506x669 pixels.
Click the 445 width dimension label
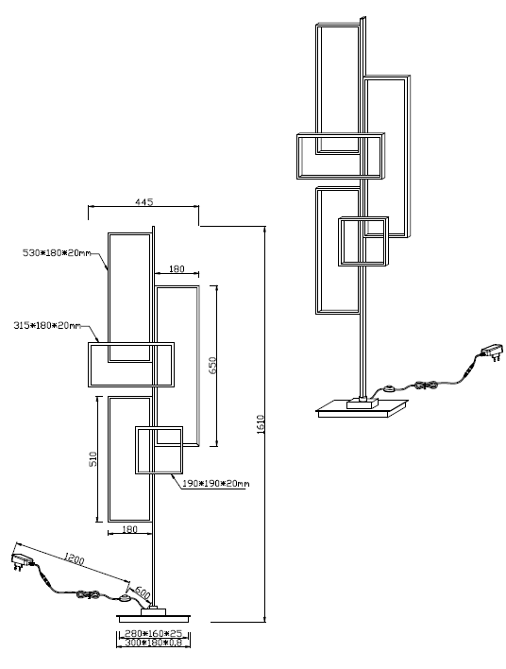coord(144,202)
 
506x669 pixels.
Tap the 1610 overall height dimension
coord(261,424)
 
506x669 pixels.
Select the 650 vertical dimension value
coord(212,366)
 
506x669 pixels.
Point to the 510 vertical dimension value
coord(93,459)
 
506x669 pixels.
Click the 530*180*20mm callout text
coord(57,253)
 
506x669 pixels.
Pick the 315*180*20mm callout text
coord(47,326)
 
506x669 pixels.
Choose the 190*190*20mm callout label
coord(215,484)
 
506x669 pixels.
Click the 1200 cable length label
coord(74,558)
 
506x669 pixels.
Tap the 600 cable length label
coord(143,592)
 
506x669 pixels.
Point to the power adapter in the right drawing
coord(492,352)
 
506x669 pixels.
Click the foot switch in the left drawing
coord(125,598)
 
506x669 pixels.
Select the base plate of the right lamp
coord(362,409)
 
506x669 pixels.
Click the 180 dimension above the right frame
coord(177,268)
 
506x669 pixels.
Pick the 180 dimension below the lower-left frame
coord(129,529)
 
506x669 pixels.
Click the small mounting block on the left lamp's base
coord(154,611)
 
